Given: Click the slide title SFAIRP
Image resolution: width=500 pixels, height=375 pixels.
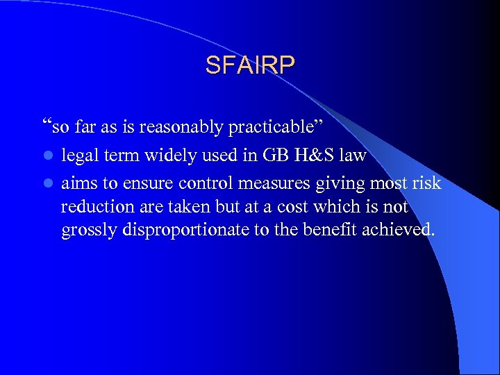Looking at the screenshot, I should pyautogui.click(x=250, y=65).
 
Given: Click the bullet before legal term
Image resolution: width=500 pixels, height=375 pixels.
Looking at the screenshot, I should pyautogui.click(x=47, y=156).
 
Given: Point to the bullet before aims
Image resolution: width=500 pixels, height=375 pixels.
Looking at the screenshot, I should pyautogui.click(x=47, y=183).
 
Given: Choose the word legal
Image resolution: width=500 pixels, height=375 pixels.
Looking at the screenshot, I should pyautogui.click(x=79, y=155).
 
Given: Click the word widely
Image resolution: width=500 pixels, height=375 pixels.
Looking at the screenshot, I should pyautogui.click(x=167, y=155).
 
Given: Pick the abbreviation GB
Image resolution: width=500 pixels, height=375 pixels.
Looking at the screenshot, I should pyautogui.click(x=274, y=155).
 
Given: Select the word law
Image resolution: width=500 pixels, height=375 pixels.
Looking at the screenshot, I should pyautogui.click(x=352, y=155).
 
